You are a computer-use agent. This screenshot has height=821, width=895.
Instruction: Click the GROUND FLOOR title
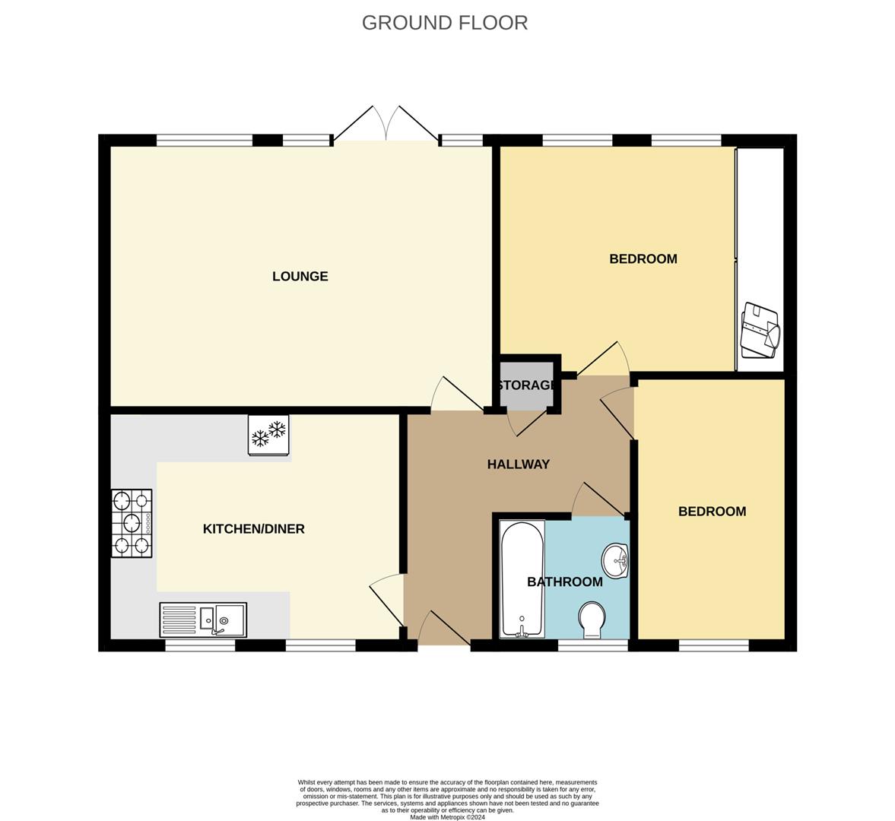point(445,23)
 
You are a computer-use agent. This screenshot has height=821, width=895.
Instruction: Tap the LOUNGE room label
point(300,277)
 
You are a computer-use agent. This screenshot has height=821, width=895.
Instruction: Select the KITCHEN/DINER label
point(253,529)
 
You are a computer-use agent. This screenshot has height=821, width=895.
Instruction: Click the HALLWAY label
point(519,464)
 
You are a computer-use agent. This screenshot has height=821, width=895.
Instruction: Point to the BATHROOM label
point(565,582)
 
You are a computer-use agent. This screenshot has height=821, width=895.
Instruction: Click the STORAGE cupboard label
point(525,385)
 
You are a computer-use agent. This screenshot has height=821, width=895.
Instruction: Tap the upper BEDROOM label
point(643,259)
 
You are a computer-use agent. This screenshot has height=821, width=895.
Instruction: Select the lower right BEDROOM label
point(712,512)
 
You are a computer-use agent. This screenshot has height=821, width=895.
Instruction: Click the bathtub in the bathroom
point(522,579)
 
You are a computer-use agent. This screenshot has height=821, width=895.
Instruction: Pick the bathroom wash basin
point(615,561)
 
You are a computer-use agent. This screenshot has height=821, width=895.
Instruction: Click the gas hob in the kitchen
point(132,523)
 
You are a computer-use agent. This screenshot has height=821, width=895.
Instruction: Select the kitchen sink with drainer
point(203,620)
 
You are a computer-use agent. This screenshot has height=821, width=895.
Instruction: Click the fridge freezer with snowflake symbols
point(269,435)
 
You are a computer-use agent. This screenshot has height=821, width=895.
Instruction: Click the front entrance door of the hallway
point(444,631)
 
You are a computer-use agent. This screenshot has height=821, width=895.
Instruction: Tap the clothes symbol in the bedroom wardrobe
point(760,331)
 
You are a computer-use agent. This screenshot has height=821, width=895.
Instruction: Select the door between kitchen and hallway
point(388,601)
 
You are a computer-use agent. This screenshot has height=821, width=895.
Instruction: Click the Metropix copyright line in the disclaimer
point(447,817)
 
